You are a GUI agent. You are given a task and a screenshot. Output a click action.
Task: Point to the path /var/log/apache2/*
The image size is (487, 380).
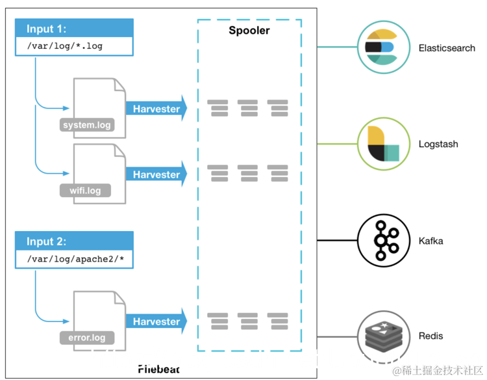pos(74,259)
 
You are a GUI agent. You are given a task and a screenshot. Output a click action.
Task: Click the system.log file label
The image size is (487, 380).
pos(87,125)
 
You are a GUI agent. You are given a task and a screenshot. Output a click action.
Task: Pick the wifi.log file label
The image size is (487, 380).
pos(85,191)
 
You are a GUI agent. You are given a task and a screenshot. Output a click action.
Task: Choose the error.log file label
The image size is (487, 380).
pos(87,338)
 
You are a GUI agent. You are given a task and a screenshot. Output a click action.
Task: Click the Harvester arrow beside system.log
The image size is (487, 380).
pos(156,109)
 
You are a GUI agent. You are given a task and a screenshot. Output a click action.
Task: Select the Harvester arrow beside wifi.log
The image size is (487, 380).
pos(156,174)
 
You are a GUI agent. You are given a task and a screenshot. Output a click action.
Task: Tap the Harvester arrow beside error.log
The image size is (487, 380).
pos(156,321)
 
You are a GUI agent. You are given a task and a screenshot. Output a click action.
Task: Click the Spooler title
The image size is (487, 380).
pos(249,31)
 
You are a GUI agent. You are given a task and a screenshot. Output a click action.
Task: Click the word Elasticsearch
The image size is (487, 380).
pos(447,48)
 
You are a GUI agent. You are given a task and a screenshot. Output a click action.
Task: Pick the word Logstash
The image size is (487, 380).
pos(438,144)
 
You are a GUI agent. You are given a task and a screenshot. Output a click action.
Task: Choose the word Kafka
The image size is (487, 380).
pos(431,241)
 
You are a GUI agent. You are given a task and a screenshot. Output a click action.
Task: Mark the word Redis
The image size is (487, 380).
pos(431,336)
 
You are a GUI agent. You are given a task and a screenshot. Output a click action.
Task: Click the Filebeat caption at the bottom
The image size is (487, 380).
pos(158,369)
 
